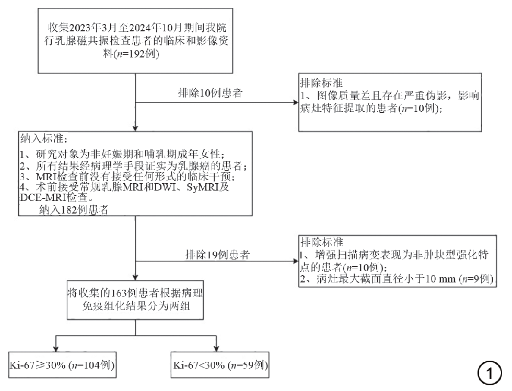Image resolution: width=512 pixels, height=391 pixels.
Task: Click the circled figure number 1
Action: coord(490,373)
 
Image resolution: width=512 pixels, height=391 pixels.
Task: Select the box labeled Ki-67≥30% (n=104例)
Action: coord(62,365)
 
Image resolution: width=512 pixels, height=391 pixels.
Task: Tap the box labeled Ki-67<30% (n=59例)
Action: coord(220,365)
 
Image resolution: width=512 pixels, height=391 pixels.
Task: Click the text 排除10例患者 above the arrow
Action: coord(210,93)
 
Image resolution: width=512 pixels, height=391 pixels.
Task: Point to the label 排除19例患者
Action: coord(218,255)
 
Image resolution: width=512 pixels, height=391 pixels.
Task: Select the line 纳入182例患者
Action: coord(74,210)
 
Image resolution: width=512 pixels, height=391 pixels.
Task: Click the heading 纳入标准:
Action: coord(44,138)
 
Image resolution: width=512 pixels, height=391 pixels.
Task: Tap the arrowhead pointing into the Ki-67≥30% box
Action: coord(55,349)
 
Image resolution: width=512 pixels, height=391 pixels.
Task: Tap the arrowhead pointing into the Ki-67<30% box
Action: coord(216,349)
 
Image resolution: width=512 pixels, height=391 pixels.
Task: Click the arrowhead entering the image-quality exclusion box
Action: coord(296,102)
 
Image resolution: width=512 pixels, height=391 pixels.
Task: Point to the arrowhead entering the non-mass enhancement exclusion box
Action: coord(296,261)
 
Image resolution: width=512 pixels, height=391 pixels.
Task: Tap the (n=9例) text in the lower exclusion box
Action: coord(476,279)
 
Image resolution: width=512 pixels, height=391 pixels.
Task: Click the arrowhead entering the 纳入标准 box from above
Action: coord(135,128)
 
